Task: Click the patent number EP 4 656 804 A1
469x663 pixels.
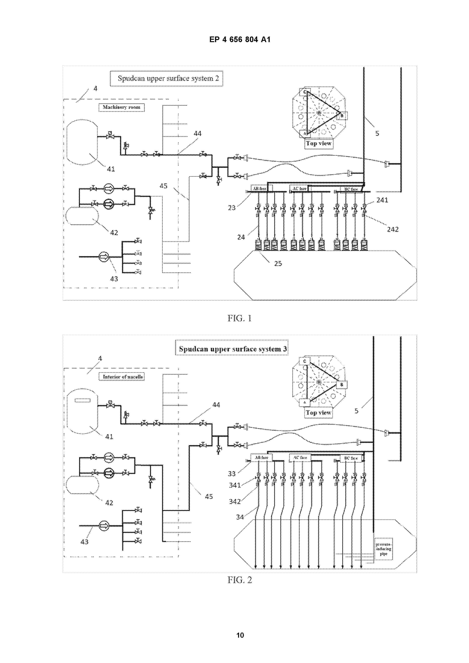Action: tap(240, 40)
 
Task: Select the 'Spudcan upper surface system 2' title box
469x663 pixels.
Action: tap(166, 78)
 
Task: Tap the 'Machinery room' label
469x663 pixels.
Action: tap(121, 107)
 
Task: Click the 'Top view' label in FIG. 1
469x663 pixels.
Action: tap(318, 143)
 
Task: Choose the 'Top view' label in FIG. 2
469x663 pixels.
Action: tap(318, 413)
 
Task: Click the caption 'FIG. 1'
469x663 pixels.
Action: tap(240, 318)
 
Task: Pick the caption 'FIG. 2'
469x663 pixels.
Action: tap(240, 580)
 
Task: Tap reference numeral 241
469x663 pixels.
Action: tap(382, 200)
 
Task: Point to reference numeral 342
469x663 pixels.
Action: tap(235, 502)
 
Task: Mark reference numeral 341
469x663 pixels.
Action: tap(235, 485)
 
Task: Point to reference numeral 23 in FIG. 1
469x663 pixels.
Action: tap(231, 208)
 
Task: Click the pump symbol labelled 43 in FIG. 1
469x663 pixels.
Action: tap(104, 256)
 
